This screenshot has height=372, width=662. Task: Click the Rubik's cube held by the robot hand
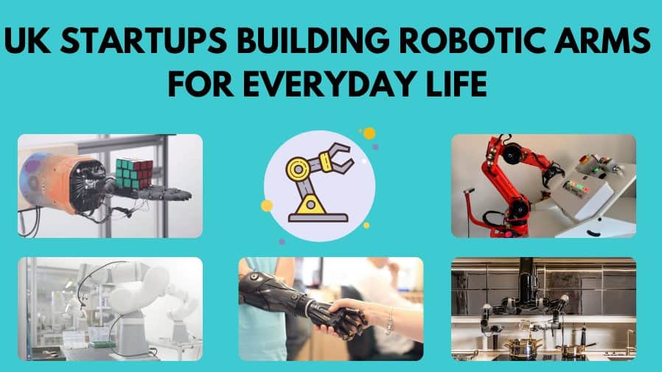pyautogui.click(x=134, y=173)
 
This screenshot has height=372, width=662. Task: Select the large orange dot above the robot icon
pyautogui.click(x=369, y=133)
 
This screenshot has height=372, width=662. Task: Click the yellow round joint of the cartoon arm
pyautogui.click(x=299, y=169)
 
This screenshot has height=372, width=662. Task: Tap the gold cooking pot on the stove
pyautogui.click(x=523, y=348)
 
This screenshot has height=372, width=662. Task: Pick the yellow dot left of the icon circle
pyautogui.click(x=267, y=206)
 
